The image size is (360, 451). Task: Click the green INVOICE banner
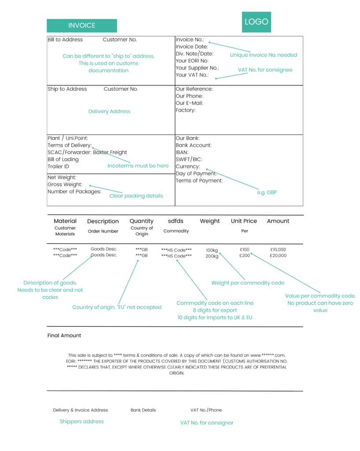point(82,26)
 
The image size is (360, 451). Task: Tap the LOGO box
point(256,22)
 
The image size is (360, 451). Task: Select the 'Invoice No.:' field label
point(190,40)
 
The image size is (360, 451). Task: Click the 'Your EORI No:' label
point(192,61)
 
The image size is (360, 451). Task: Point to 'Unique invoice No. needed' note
point(264,55)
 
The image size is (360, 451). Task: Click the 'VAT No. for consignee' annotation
point(265,70)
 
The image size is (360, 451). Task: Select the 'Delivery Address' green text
point(109,111)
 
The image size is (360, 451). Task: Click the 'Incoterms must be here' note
point(138,166)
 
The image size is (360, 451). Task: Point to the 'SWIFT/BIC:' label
point(189,159)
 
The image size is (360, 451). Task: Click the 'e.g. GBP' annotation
point(267,192)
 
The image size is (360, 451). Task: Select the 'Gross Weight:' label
point(65,185)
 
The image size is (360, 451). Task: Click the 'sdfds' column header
point(176,221)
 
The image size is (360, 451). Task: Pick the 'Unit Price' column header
point(244,221)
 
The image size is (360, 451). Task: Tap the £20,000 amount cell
point(278,255)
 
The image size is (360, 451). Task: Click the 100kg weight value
point(212,250)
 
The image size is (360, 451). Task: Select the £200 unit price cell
point(245,255)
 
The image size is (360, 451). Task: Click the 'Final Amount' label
point(64,336)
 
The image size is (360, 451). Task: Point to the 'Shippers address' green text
point(82,421)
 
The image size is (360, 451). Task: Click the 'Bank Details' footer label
point(143,410)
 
